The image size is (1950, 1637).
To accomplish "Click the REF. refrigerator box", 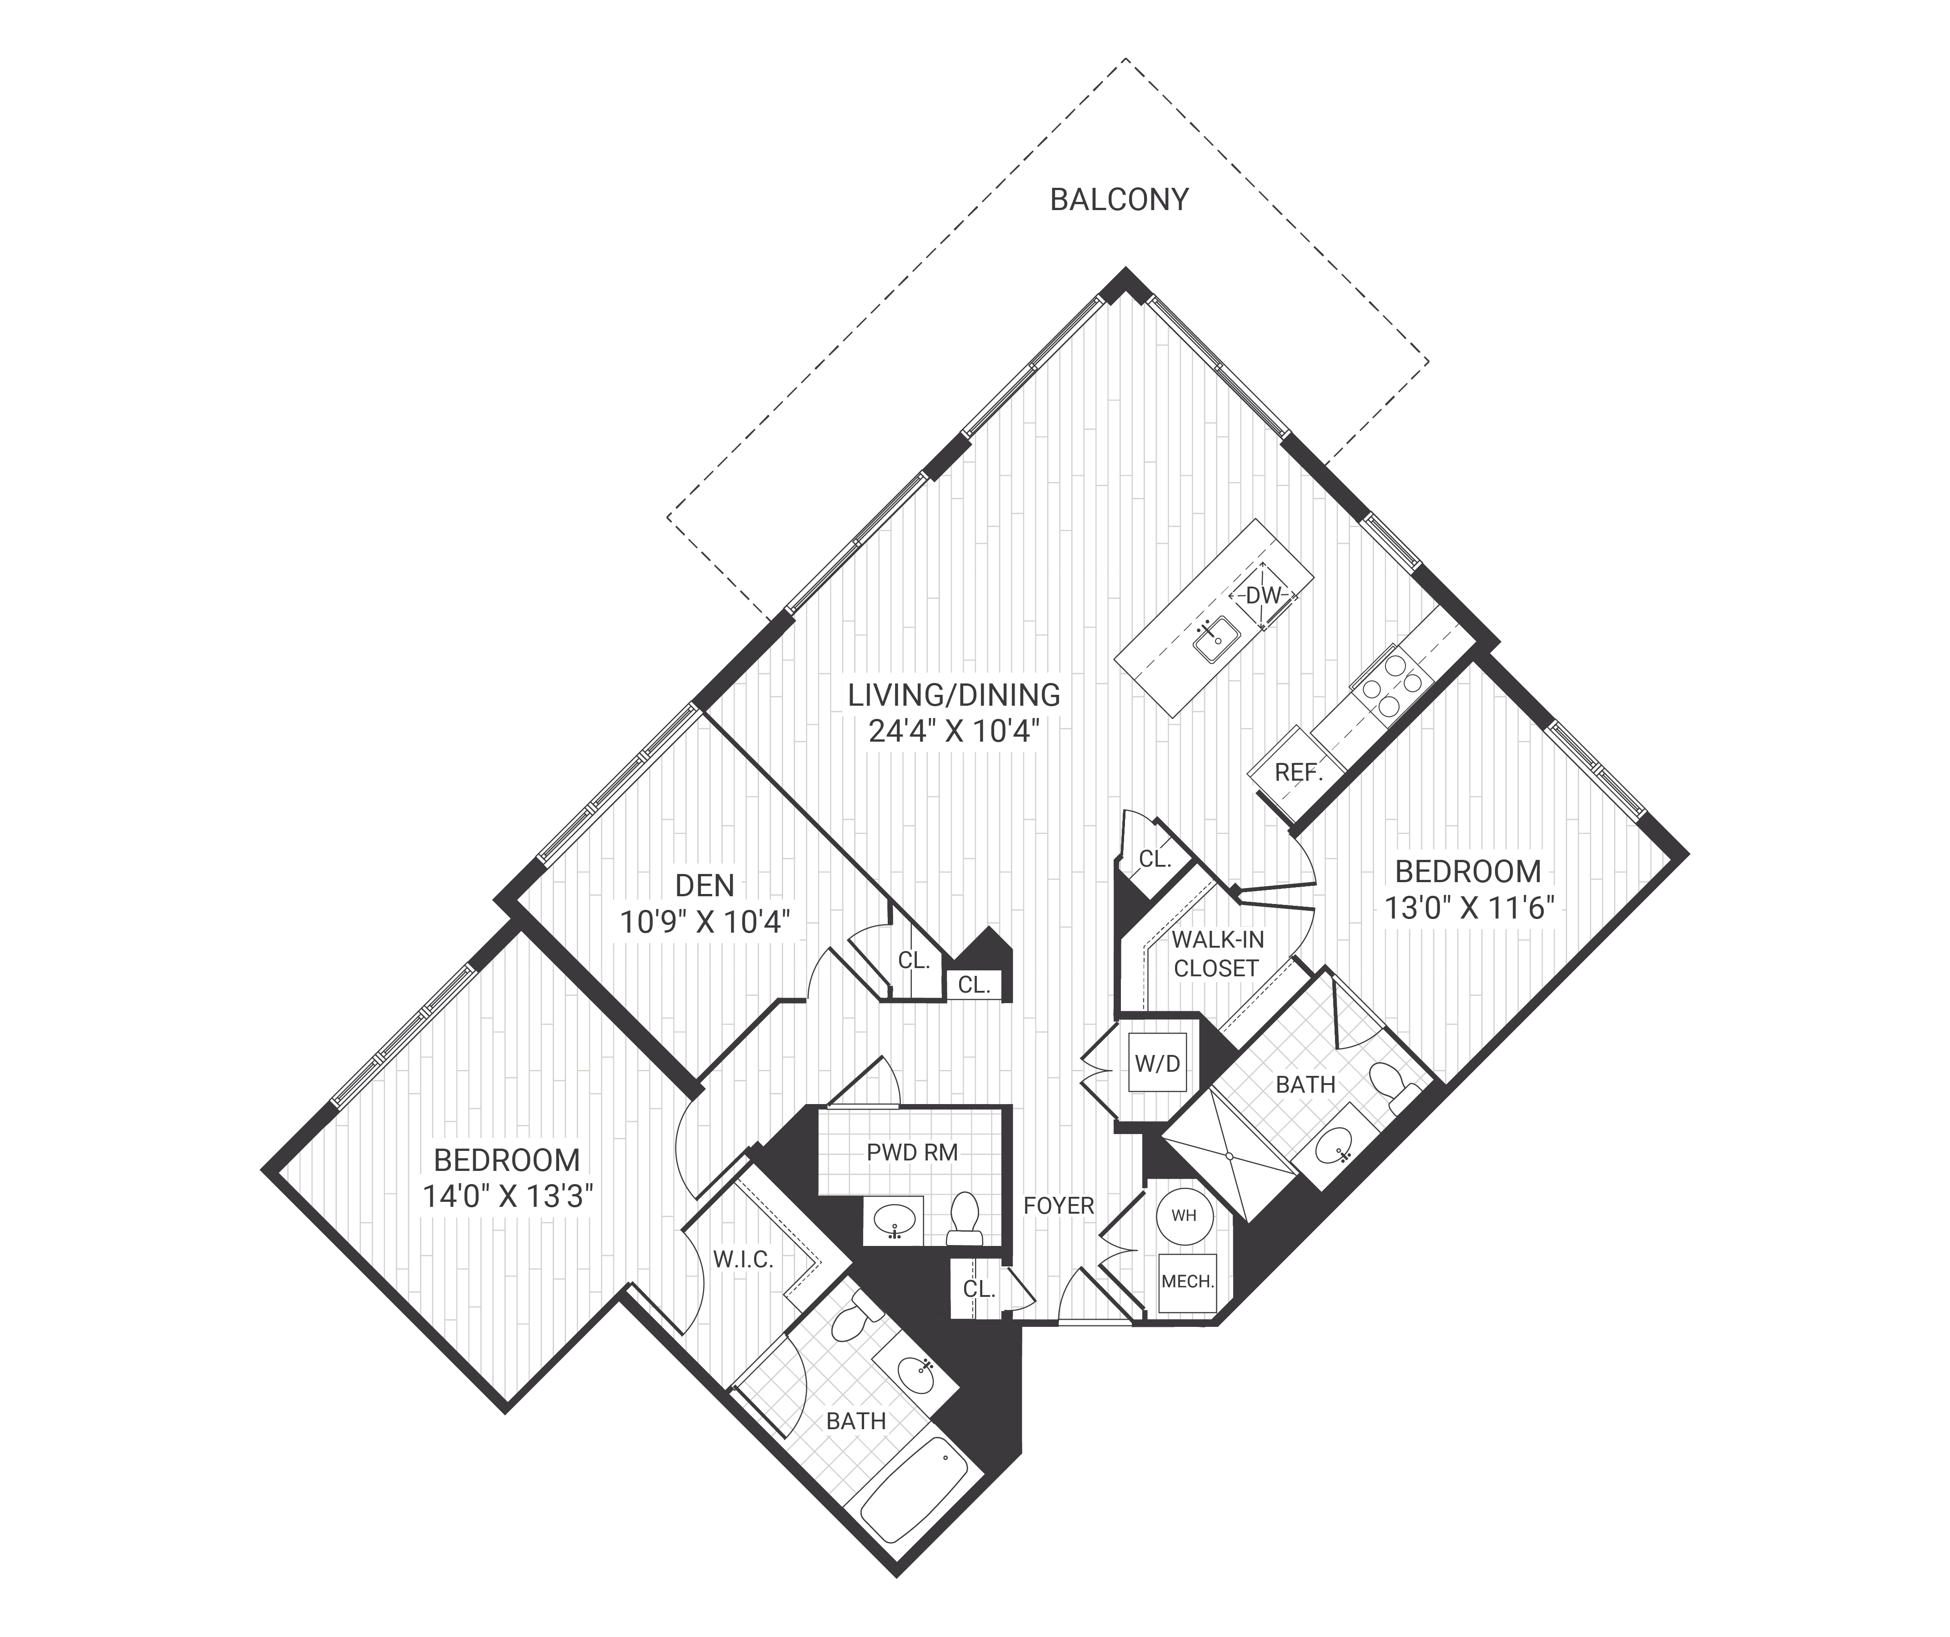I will tap(1297, 772).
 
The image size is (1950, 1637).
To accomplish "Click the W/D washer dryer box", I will tap(1157, 1064).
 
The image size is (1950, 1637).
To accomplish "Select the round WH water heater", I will tap(1184, 1215).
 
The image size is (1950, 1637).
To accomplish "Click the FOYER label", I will tap(1059, 1206).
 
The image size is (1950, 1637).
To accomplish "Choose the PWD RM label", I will tap(912, 1152).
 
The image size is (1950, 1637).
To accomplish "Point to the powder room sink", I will tap(893, 1220).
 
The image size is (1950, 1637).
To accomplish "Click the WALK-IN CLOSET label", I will tap(1216, 954).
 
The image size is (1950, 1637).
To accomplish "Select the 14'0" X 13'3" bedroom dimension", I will tap(508, 1197).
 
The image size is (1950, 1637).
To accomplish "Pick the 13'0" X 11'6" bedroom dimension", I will tap(1469, 908).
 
